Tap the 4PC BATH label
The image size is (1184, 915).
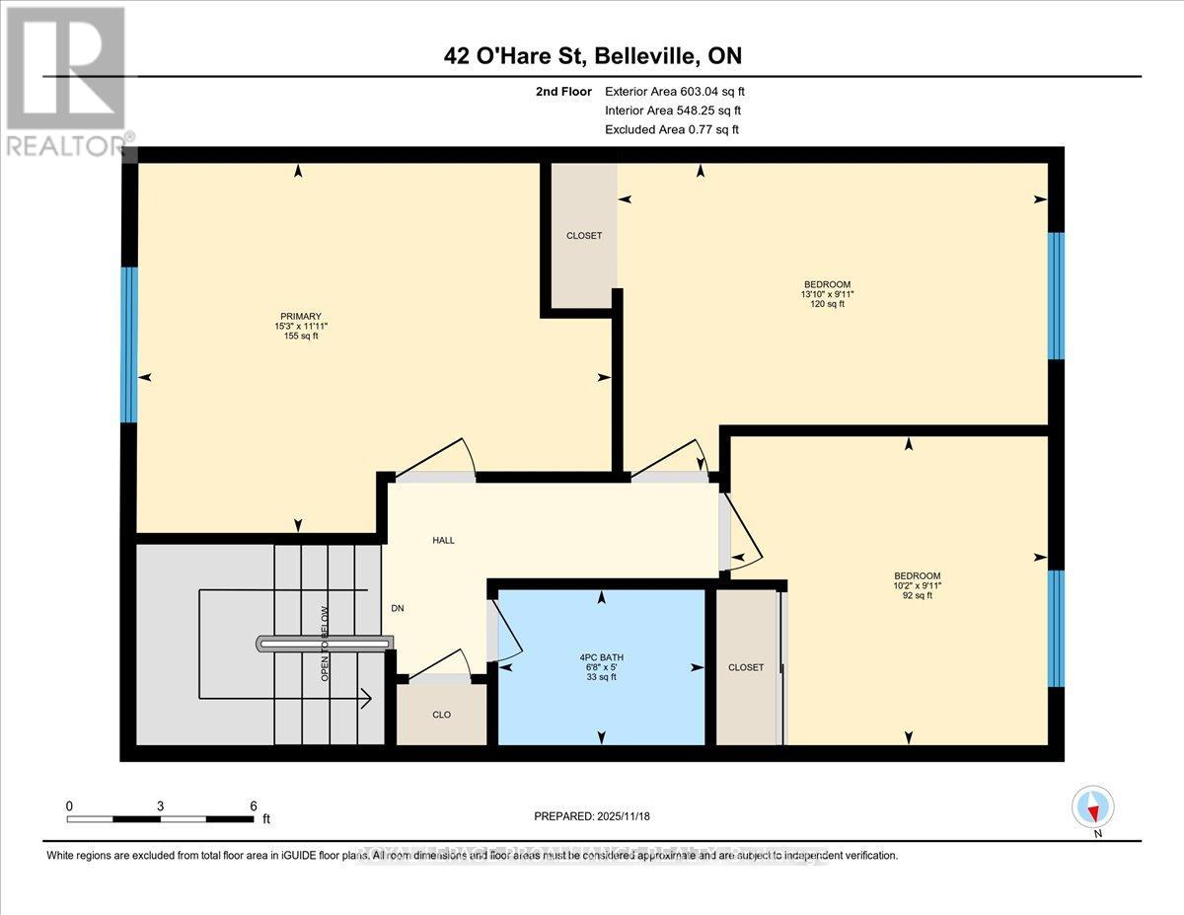[601, 657]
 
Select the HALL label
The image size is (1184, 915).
[442, 540]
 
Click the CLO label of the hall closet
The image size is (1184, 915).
[441, 715]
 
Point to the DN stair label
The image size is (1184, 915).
[398, 609]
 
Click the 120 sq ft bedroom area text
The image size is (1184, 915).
[826, 305]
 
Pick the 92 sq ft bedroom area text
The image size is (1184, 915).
[917, 596]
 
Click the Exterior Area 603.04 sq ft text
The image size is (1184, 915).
[681, 92]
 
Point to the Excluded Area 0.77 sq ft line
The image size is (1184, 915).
[671, 129]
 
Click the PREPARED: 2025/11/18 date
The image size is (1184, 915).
[590, 816]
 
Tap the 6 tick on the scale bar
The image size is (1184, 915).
[253, 805]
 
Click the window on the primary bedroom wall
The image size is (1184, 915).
[128, 343]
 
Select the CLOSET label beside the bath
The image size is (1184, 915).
[746, 667]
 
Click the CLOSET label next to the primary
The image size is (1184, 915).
[583, 236]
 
